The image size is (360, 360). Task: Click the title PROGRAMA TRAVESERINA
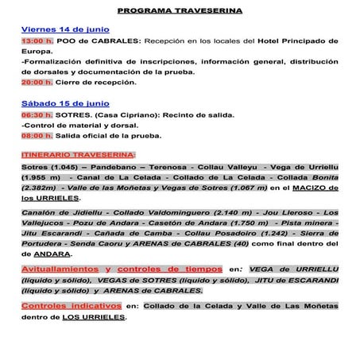pos(180,12)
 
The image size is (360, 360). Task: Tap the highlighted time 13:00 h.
pos(37,40)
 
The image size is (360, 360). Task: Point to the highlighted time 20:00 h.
pos(37,82)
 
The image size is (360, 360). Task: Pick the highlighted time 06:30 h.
pos(37,114)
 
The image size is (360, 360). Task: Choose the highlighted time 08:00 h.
pos(37,135)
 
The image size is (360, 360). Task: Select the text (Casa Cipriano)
pos(126,114)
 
